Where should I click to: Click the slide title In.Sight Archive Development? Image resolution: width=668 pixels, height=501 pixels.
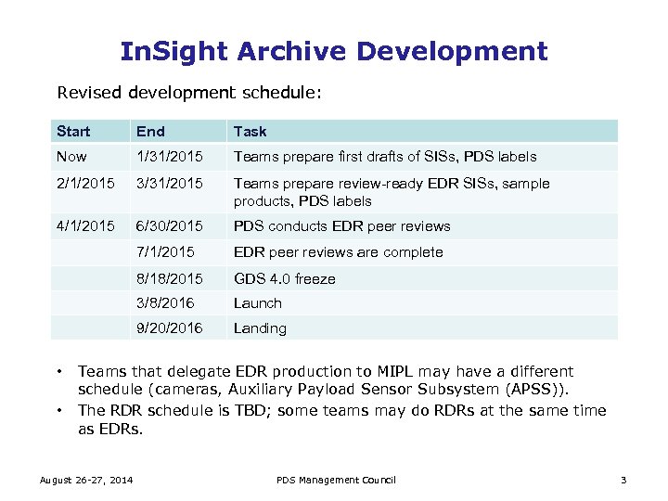[x=334, y=50]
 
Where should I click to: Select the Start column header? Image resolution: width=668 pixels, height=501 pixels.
[x=73, y=131]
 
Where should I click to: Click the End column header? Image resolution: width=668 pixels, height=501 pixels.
[x=149, y=131]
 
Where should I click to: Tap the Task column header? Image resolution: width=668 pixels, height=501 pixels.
[x=250, y=131]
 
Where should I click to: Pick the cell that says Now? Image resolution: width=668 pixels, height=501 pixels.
[x=71, y=157]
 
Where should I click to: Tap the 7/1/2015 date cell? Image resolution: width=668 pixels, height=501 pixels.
[x=165, y=252]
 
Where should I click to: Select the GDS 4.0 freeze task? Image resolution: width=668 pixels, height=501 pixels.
[x=285, y=278]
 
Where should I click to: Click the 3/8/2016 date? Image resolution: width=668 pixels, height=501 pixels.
[x=165, y=303]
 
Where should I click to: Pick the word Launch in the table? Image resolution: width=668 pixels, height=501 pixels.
[x=257, y=303]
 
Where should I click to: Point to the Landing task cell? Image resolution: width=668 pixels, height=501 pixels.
[x=260, y=328]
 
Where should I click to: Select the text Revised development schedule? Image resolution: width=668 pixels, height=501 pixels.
[x=189, y=93]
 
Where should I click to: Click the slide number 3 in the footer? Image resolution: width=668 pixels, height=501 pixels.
[x=623, y=480]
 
